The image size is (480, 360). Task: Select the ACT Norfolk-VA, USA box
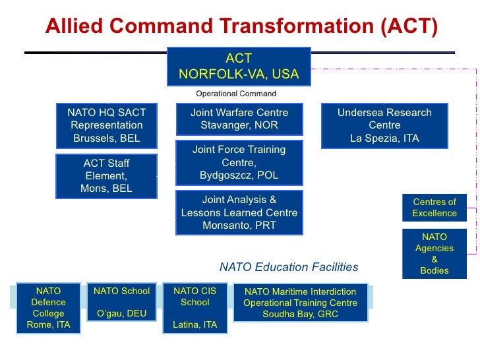point(239,67)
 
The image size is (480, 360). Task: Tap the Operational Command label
point(236,93)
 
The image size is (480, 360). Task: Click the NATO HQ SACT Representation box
point(107,126)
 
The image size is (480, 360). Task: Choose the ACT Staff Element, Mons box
point(106,176)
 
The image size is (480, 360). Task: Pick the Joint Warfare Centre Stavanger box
point(239,119)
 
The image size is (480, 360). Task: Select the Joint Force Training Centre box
point(239,162)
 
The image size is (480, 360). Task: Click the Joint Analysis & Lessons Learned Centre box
point(239,212)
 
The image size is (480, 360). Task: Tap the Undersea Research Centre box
point(384,126)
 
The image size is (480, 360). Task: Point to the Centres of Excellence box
point(435,208)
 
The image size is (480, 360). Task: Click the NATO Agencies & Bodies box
point(435,254)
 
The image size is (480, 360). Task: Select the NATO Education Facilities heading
point(289,267)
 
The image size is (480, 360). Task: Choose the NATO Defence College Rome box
point(48,308)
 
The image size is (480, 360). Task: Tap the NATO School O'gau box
point(122,302)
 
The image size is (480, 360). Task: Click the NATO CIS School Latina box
point(195,308)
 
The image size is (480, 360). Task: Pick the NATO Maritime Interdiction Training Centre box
point(301,303)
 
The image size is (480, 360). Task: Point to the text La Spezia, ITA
point(384,138)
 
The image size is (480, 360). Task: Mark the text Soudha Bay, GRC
point(301,315)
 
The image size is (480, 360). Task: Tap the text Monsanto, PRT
point(239,225)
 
